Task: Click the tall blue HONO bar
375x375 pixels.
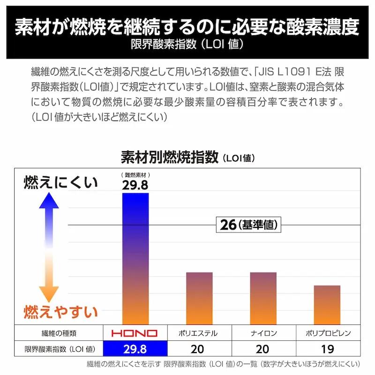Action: tap(135, 258)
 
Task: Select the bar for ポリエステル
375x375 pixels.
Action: tap(199, 298)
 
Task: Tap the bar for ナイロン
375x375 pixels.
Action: tap(263, 298)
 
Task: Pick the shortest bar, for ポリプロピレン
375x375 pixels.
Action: tap(327, 305)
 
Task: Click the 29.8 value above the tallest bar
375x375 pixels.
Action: tap(135, 185)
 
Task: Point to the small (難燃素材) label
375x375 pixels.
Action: tap(135, 175)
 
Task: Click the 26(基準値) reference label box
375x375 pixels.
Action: tap(248, 225)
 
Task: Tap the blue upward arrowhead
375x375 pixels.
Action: tap(49, 201)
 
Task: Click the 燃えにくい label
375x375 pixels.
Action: tap(60, 182)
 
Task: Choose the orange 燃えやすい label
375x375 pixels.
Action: tap(60, 312)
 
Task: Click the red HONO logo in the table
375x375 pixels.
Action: tap(135, 333)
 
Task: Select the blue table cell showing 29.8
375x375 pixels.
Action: tap(135, 349)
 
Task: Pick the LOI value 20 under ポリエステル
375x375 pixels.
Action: tap(199, 349)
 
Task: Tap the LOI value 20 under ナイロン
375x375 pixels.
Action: tap(263, 349)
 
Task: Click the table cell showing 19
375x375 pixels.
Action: tap(327, 349)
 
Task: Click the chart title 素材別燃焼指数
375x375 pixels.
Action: tap(170, 157)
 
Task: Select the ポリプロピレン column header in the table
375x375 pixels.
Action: tap(327, 333)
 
